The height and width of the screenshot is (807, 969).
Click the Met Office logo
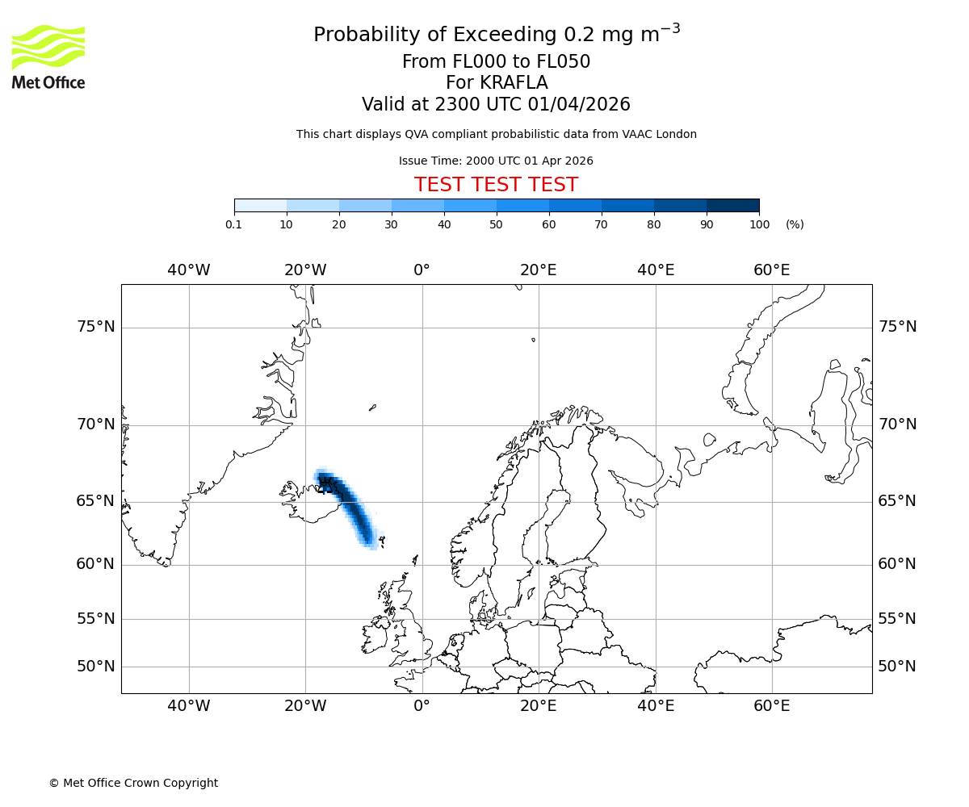coord(48,56)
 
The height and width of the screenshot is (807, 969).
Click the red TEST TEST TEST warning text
coord(496,186)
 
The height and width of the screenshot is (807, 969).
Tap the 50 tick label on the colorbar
coord(497,225)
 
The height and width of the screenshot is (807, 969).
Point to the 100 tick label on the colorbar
coord(759,225)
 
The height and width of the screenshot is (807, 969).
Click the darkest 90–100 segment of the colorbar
coord(732,206)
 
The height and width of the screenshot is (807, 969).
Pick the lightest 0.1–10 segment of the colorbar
coord(260,206)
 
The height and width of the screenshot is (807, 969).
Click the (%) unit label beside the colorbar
coord(795,225)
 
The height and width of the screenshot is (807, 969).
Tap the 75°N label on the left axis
coord(95,327)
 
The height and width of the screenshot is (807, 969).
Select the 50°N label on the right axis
coord(897,667)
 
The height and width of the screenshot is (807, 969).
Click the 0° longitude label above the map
coord(422,270)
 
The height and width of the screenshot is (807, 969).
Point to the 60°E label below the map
coord(771,707)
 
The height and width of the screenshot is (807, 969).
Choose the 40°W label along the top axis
coord(189,270)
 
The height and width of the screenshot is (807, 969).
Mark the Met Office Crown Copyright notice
coord(133,784)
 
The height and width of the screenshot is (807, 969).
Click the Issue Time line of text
coord(496,161)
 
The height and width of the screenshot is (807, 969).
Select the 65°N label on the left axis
coord(95,501)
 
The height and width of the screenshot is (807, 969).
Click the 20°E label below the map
coord(538,707)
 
